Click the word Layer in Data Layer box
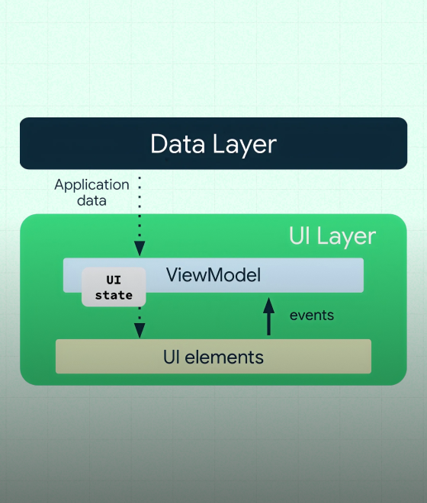coord(242,144)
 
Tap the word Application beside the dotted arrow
coord(92,184)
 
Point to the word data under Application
coord(92,201)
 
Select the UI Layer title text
coord(332,235)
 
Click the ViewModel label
coord(213,275)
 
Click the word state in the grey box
coord(114,295)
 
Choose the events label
coord(311,315)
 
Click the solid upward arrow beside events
coord(268,316)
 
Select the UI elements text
coord(213,356)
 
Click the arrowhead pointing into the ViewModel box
coord(140,249)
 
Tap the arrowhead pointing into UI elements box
coord(140,330)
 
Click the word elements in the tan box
coord(226,356)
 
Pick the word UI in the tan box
coord(172,356)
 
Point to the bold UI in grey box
coord(114,280)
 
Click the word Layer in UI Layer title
coord(348,235)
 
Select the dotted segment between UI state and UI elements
coord(140,314)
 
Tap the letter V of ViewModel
coord(172,275)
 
